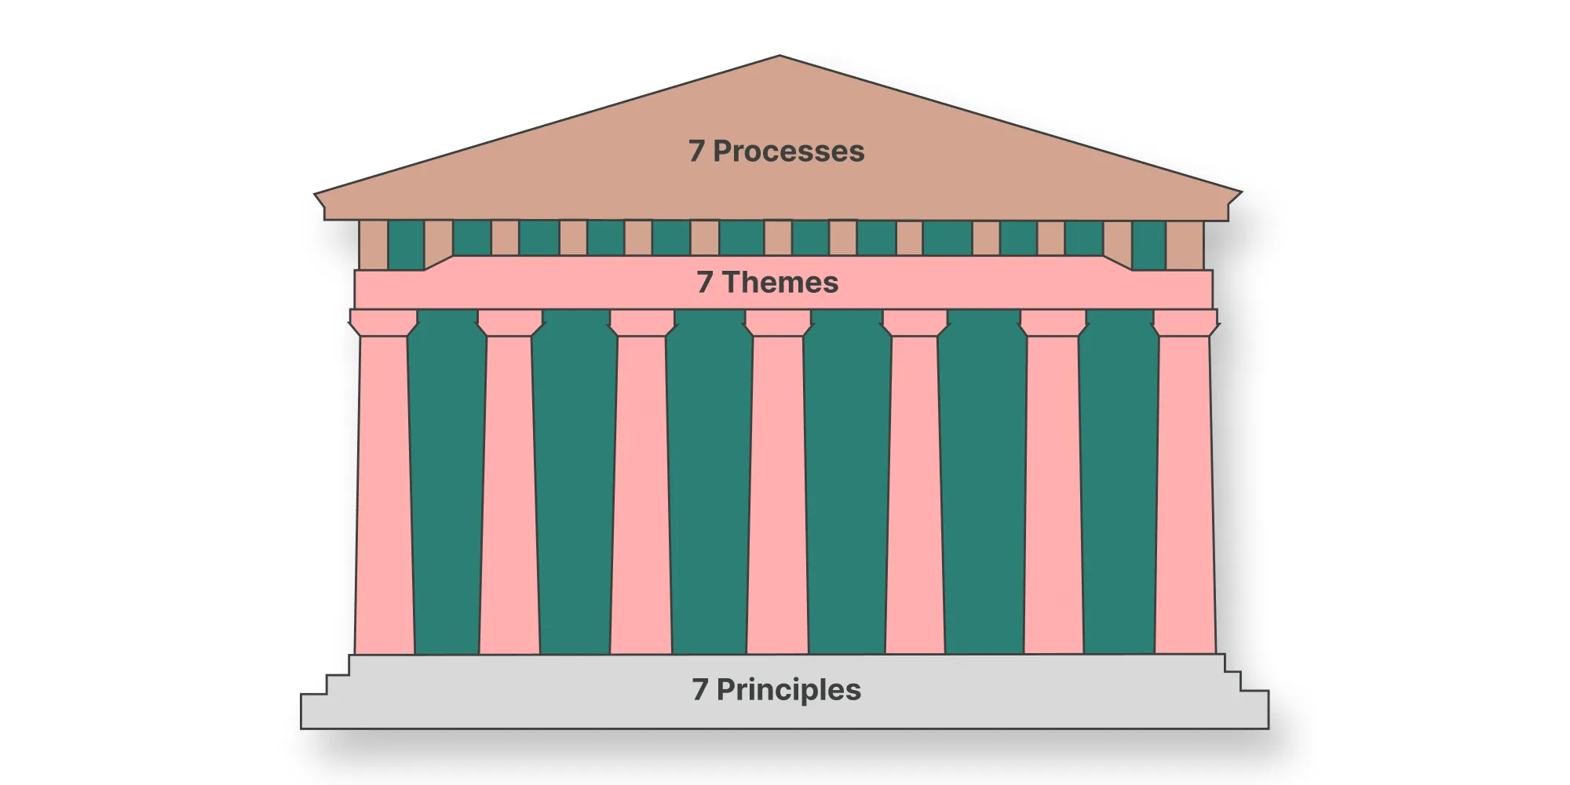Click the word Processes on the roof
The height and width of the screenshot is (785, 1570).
pos(788,152)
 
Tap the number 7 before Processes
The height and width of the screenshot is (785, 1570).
pos(696,152)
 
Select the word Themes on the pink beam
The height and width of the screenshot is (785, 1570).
pos(780,283)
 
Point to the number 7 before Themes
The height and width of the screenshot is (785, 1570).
pos(704,283)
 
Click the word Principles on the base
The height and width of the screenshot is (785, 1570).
pos(788,690)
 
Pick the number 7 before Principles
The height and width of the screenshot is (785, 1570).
pos(699,690)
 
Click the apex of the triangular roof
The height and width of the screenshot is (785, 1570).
pos(779,57)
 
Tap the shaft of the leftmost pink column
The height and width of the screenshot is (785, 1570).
pos(384,495)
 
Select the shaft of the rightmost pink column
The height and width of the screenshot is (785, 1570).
pos(1185,495)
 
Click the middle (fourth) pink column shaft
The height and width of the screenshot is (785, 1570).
pos(777,495)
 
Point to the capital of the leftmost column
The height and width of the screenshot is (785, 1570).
pos(383,323)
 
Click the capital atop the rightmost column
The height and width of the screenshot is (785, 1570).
pos(1185,323)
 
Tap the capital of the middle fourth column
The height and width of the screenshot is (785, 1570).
pos(777,323)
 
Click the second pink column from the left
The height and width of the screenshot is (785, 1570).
pos(509,495)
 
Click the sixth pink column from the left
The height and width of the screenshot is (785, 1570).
pos(1053,495)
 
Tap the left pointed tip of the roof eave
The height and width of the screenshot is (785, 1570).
pos(316,194)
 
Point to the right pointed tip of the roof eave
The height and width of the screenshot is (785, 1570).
pos(1239,192)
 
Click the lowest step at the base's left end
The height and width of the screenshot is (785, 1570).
pos(314,711)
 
